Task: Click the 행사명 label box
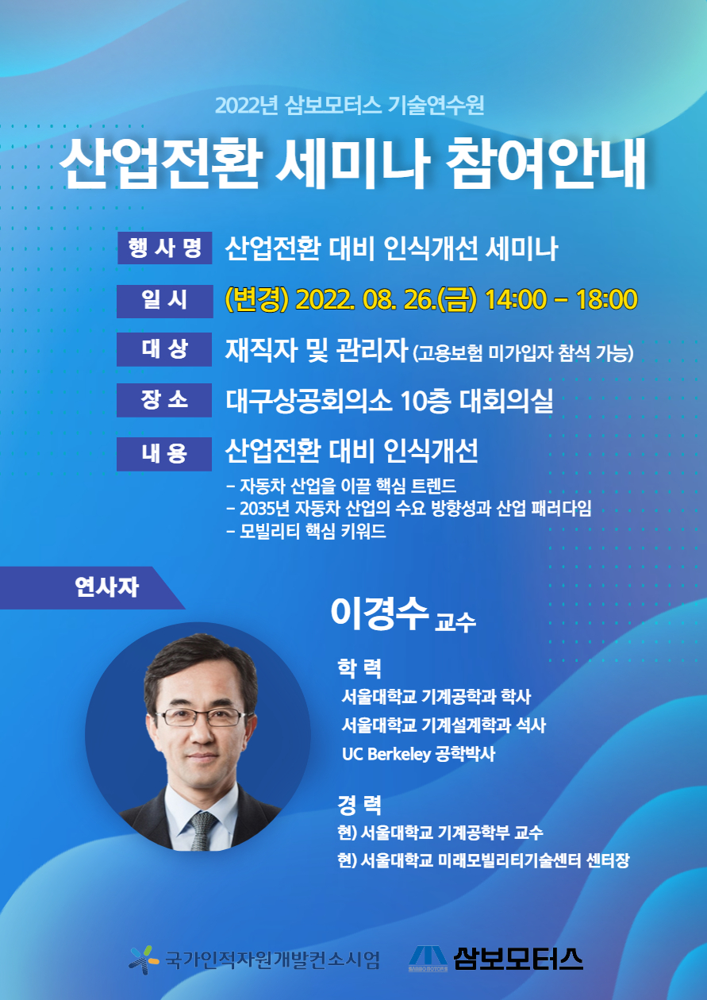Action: [165, 248]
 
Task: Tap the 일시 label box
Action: [165, 301]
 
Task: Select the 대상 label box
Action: [164, 349]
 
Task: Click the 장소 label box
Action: [164, 400]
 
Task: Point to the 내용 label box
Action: [164, 454]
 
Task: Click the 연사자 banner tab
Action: [92, 587]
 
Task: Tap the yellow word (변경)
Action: [257, 299]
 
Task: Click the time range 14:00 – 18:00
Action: [561, 299]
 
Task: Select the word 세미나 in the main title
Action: [352, 163]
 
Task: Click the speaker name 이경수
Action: [379, 613]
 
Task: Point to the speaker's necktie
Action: [203, 829]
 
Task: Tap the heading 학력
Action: [359, 668]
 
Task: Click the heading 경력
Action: [359, 805]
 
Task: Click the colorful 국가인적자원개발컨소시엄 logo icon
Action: [144, 960]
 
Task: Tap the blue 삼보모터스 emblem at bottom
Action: [428, 959]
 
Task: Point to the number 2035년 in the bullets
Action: [265, 508]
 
